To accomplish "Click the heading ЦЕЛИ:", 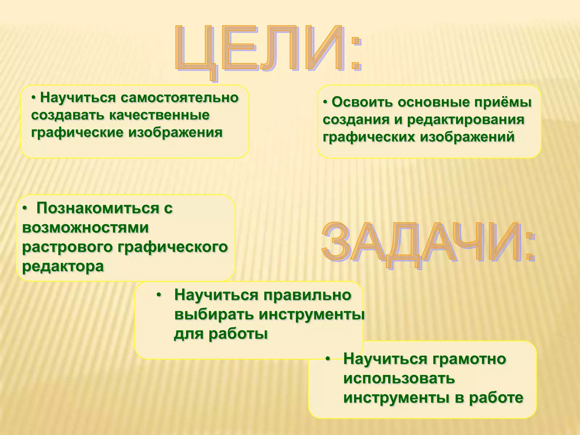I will coord(268,50).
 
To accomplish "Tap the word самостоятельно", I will coord(180,98).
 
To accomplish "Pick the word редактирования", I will coord(466,120).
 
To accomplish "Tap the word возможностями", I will coord(85,228).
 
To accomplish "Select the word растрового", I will coord(67,247).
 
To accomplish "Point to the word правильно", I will coord(307,295).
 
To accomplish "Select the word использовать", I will coord(399,379).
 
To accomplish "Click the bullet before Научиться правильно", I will coord(159,295).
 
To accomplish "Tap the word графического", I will coord(172,247).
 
